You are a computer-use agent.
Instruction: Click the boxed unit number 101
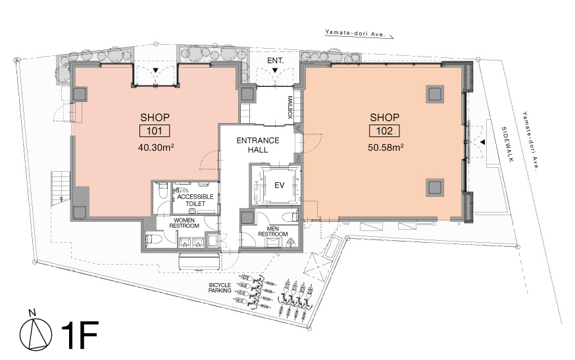154,131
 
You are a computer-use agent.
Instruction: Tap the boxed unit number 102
384,131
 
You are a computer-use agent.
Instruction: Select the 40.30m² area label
155,147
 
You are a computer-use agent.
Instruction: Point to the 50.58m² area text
386,147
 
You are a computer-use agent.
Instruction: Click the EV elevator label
280,186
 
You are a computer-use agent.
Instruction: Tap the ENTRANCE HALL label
258,145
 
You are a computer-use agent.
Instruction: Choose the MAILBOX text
289,107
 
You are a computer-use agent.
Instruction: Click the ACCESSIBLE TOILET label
195,200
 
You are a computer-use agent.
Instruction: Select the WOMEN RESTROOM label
184,223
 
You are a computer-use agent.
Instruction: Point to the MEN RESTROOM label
273,231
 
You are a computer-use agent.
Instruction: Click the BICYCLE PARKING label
220,288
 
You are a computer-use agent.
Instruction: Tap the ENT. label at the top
276,61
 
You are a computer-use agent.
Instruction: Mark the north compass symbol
36,334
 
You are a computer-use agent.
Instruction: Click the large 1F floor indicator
80,335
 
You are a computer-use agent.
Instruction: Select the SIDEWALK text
509,144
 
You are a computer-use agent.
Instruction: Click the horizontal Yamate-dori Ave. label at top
354,34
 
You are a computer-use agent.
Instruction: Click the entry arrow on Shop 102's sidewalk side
483,141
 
